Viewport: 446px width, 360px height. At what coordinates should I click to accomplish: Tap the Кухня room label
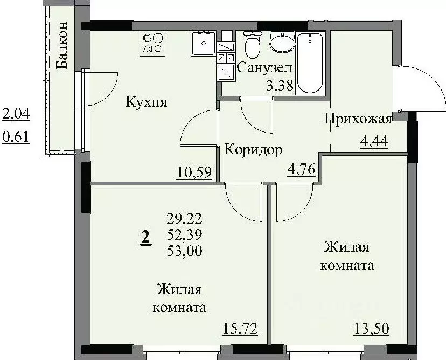coord(147,102)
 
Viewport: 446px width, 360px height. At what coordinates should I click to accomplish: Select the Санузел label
coord(264,68)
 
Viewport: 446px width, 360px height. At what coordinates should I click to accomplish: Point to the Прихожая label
coord(357,119)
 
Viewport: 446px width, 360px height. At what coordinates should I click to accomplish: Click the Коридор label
coord(253,150)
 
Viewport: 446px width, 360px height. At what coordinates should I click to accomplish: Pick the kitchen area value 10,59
coord(194,173)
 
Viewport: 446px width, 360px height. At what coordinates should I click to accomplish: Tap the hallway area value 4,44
coord(374,143)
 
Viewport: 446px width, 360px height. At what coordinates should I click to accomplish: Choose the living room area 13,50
coord(372,327)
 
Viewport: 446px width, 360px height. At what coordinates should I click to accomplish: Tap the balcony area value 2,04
coord(16,114)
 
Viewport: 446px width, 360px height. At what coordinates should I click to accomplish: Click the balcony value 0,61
coord(16,137)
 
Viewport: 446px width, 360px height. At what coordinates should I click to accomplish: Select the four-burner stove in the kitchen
coord(152,43)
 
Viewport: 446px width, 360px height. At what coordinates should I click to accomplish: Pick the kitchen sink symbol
coord(204,43)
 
